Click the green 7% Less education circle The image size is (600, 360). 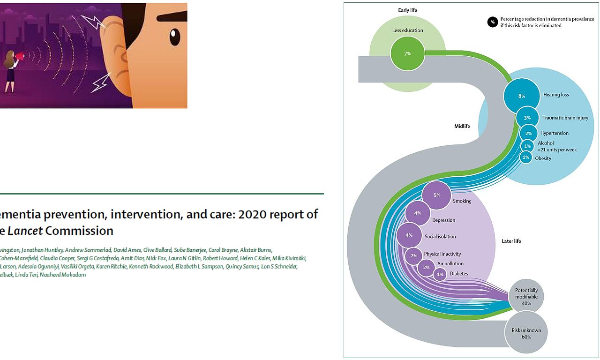(407, 53)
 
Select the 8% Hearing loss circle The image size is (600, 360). (521, 96)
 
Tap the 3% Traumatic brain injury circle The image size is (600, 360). (527, 118)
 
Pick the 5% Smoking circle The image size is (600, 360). (436, 195)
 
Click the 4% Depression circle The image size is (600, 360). (418, 213)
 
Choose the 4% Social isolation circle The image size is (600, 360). (409, 235)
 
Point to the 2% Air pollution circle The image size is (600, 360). (426, 267)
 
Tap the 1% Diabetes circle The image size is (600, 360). (440, 274)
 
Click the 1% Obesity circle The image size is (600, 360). (526, 157)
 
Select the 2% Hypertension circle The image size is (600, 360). (528, 133)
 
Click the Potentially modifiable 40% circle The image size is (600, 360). (526, 296)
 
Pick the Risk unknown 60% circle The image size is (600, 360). (526, 333)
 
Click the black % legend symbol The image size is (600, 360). (492, 22)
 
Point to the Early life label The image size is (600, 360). (407, 10)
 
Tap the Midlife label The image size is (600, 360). (462, 126)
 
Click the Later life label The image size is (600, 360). (511, 241)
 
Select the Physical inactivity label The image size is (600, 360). (442, 254)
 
